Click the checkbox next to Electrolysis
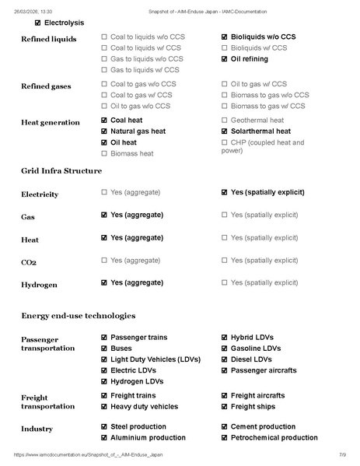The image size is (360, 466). [27, 23]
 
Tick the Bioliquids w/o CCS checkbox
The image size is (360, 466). [225, 37]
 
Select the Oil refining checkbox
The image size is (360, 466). [225, 58]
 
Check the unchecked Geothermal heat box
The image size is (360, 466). [225, 121]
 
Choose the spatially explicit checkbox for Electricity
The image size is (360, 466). [225, 192]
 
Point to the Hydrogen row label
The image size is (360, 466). [39, 285]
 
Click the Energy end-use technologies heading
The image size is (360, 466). [78, 315]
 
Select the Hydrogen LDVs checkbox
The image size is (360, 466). [104, 381]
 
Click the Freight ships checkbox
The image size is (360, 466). [225, 406]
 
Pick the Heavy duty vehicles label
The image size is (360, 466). [144, 406]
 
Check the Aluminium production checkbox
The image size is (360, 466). [104, 437]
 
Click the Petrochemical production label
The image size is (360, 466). [274, 437]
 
